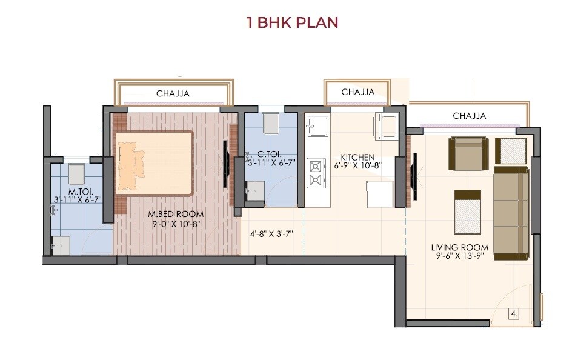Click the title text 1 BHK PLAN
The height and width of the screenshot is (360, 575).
[292, 23]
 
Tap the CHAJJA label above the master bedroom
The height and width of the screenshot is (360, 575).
[173, 93]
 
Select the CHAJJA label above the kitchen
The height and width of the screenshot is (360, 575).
[357, 92]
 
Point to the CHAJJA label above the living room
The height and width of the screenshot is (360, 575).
[469, 116]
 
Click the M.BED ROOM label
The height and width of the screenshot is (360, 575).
[176, 214]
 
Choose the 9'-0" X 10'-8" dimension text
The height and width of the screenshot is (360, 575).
[176, 224]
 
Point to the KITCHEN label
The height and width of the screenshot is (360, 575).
[357, 157]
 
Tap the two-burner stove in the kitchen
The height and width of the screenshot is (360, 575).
[316, 173]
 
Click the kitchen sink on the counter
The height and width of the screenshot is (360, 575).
[316, 127]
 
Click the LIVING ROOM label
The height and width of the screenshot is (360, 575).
[459, 247]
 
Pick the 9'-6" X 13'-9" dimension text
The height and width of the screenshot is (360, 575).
[459, 256]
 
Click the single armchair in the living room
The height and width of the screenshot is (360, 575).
[468, 153]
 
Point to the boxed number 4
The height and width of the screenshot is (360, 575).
[514, 314]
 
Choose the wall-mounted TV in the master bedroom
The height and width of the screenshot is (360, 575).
[225, 164]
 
